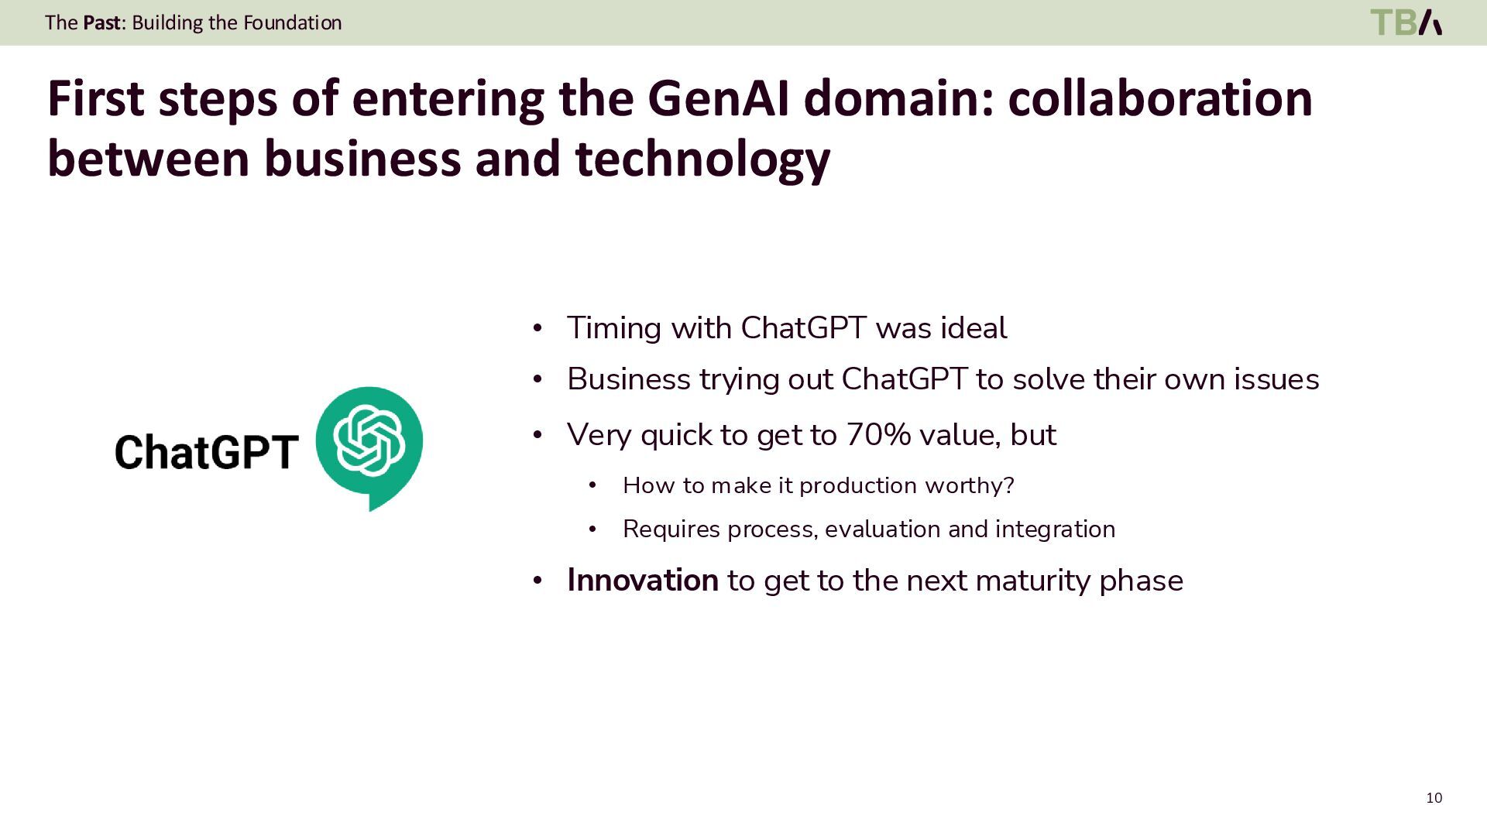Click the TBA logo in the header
pyautogui.click(x=1406, y=22)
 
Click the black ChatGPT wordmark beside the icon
pyautogui.click(x=206, y=452)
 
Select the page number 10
pyautogui.click(x=1434, y=798)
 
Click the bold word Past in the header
pyautogui.click(x=102, y=22)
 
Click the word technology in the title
pyautogui.click(x=702, y=159)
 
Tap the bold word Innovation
pyautogui.click(x=642, y=581)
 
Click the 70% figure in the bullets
pyautogui.click(x=877, y=435)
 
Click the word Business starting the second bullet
pyautogui.click(x=628, y=379)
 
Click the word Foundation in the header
pyautogui.click(x=292, y=22)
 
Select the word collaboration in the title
pyautogui.click(x=1159, y=99)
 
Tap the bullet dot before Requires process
pyautogui.click(x=592, y=529)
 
